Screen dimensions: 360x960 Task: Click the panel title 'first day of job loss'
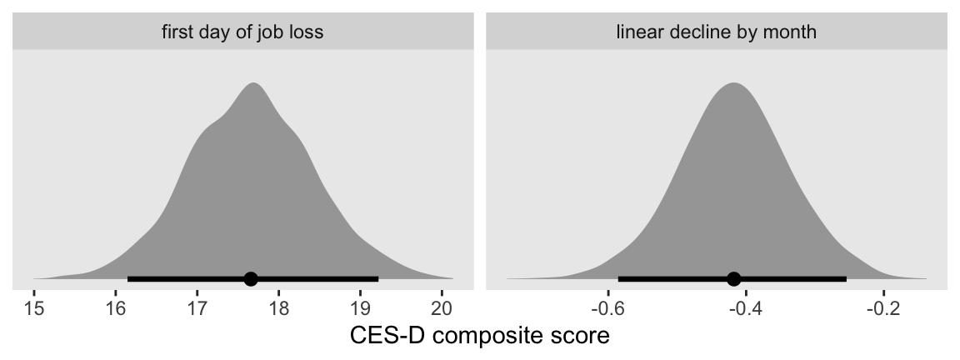click(x=242, y=33)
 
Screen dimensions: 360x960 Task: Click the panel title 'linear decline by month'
click(x=717, y=33)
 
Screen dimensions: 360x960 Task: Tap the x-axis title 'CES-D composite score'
click(x=480, y=337)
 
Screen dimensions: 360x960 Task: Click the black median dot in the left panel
click(x=251, y=279)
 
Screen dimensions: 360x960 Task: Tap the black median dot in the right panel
click(x=733, y=279)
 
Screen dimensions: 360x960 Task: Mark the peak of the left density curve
click(x=253, y=83)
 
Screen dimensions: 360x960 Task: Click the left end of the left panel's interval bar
click(x=128, y=279)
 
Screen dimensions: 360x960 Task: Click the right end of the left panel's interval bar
click(x=377, y=279)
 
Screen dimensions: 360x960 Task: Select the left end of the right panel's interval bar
click(x=619, y=279)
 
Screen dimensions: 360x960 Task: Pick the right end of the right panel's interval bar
click(x=845, y=279)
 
